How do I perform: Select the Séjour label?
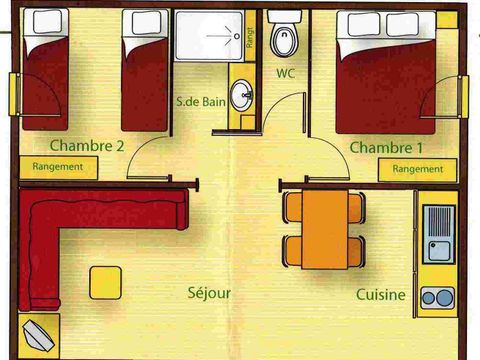click(209, 293)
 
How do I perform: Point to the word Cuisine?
click(381, 295)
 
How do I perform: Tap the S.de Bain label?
click(199, 100)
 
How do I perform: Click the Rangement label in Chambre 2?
click(58, 167)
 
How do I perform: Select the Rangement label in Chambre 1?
click(417, 169)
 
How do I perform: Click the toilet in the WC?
click(283, 38)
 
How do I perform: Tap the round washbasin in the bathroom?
click(241, 97)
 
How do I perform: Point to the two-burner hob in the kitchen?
click(437, 296)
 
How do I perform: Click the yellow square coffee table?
click(106, 282)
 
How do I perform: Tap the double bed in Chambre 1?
click(385, 70)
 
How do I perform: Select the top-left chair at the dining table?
click(291, 207)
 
